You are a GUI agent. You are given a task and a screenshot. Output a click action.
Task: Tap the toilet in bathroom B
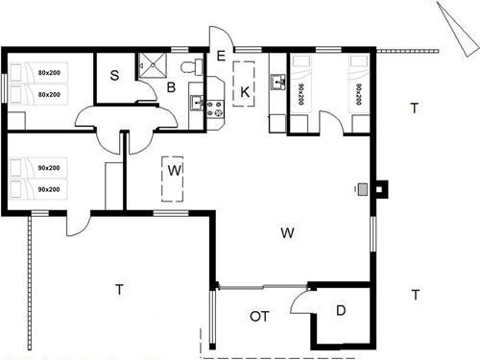[198, 64]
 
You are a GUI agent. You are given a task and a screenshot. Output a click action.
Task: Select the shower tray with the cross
[151, 64]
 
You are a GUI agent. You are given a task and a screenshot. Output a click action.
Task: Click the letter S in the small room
[113, 76]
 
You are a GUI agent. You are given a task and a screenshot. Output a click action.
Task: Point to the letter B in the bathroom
[171, 87]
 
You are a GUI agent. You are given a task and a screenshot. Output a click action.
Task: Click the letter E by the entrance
[221, 56]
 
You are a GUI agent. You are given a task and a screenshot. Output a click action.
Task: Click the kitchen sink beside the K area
[279, 83]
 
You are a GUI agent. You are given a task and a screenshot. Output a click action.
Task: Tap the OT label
[259, 315]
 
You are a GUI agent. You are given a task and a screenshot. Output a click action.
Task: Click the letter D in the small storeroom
[341, 310]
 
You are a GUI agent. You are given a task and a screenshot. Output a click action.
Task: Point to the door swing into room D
[300, 298]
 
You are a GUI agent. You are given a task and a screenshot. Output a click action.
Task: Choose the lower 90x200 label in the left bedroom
[49, 189]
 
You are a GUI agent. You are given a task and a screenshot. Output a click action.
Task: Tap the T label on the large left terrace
[120, 288]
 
